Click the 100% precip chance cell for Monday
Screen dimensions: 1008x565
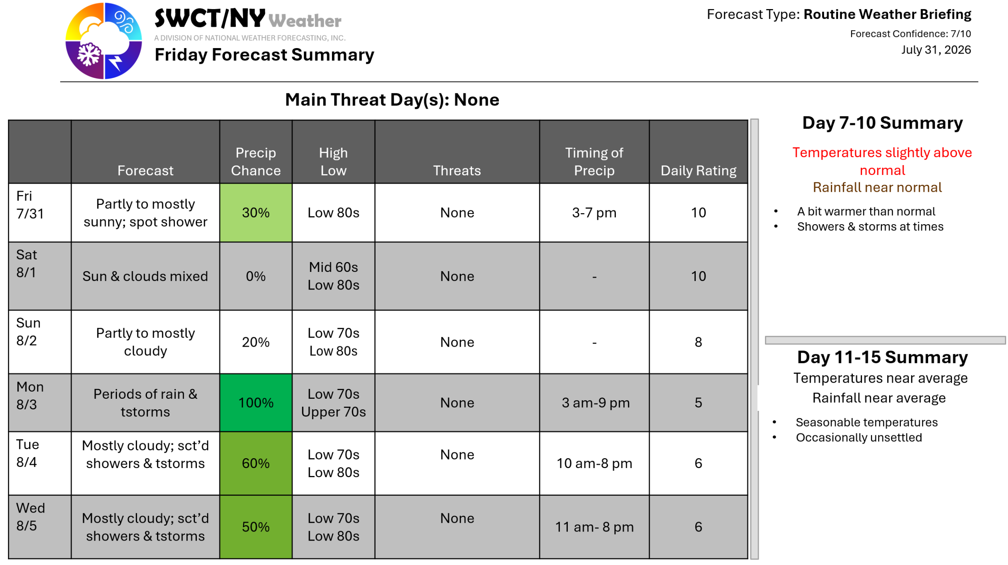pyautogui.click(x=256, y=402)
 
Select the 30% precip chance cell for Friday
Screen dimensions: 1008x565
pyautogui.click(x=256, y=212)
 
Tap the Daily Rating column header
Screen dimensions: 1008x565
pyautogui.click(x=698, y=170)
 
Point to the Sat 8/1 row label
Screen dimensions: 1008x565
pyautogui.click(x=26, y=263)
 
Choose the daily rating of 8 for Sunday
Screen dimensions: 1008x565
pyautogui.click(x=698, y=342)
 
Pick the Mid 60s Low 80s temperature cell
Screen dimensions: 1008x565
pyautogui.click(x=333, y=276)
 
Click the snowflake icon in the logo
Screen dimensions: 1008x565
pyautogui.click(x=89, y=54)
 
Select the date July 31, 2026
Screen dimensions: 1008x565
pyautogui.click(x=936, y=50)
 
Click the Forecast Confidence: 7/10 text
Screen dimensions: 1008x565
pyautogui.click(x=910, y=34)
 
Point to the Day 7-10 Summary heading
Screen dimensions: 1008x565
pyautogui.click(x=882, y=123)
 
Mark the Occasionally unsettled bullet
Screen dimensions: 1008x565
pyautogui.click(x=858, y=437)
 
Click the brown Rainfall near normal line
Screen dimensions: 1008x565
pyautogui.click(x=877, y=187)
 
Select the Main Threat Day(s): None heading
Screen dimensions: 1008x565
pyautogui.click(x=392, y=99)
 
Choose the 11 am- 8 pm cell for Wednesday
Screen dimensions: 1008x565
pyautogui.click(x=594, y=527)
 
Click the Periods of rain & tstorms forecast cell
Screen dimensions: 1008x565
pyautogui.click(x=145, y=402)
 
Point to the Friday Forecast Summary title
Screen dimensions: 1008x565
pyautogui.click(x=264, y=54)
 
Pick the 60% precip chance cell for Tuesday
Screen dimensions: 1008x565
pyautogui.click(x=256, y=463)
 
